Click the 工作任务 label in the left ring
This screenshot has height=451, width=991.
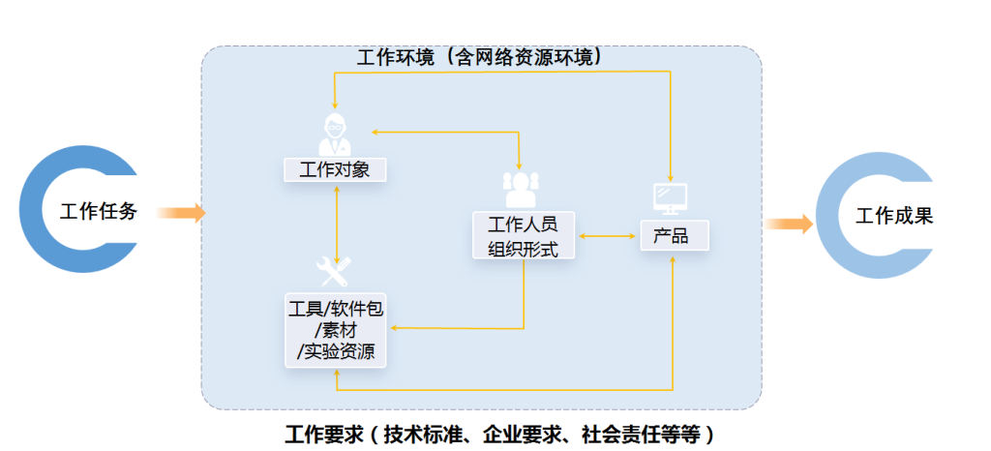(x=99, y=212)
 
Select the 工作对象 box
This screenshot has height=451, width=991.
(x=335, y=170)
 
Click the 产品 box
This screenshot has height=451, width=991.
(x=672, y=236)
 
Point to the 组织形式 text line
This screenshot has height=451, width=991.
(x=523, y=248)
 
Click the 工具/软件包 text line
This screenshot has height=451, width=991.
(x=336, y=309)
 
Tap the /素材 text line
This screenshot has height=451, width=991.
(x=336, y=330)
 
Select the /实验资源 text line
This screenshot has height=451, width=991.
(x=336, y=351)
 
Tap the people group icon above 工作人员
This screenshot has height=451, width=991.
(x=520, y=189)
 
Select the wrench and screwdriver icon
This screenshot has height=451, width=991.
(x=335, y=271)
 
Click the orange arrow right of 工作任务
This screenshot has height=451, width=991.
(x=180, y=213)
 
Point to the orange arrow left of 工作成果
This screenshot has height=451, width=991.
(x=789, y=225)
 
